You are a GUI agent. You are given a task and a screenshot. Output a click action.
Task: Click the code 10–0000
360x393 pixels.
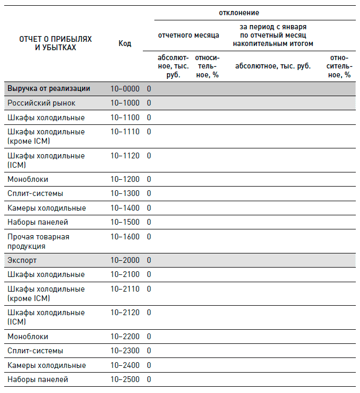pos(125,89)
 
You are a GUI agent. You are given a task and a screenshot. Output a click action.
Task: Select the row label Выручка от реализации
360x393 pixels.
pos(49,89)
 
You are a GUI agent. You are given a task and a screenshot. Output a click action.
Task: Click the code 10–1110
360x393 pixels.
pos(125,132)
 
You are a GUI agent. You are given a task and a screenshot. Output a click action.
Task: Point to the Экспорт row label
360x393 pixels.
pos(22,260)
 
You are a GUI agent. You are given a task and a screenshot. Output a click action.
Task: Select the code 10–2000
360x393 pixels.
pos(125,260)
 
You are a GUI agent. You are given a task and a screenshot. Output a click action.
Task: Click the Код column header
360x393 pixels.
pos(125,43)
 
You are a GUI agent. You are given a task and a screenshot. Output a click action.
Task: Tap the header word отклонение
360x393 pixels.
pos(239,13)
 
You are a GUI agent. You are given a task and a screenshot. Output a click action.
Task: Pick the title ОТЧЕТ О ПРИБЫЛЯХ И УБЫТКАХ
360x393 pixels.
pos(55,43)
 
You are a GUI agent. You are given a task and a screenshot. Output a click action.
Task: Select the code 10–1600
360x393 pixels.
pos(125,237)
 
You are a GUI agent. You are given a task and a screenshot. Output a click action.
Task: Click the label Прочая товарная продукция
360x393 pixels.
pos(38,241)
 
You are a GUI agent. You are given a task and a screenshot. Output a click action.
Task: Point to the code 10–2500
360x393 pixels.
pos(125,379)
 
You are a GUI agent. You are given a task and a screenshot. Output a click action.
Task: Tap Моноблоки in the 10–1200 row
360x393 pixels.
pos(28,179)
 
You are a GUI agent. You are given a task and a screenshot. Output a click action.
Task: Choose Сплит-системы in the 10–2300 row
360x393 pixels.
pos(35,351)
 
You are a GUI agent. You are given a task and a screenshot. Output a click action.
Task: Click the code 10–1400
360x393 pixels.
pos(125,208)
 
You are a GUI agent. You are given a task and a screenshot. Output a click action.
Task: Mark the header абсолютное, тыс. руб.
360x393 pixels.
pos(273,66)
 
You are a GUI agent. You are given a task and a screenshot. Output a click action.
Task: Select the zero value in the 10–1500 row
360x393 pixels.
pos(149,222)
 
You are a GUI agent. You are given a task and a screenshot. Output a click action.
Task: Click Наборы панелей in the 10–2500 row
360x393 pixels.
pos(38,379)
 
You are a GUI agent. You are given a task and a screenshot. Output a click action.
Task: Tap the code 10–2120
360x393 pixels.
pos(125,313)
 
